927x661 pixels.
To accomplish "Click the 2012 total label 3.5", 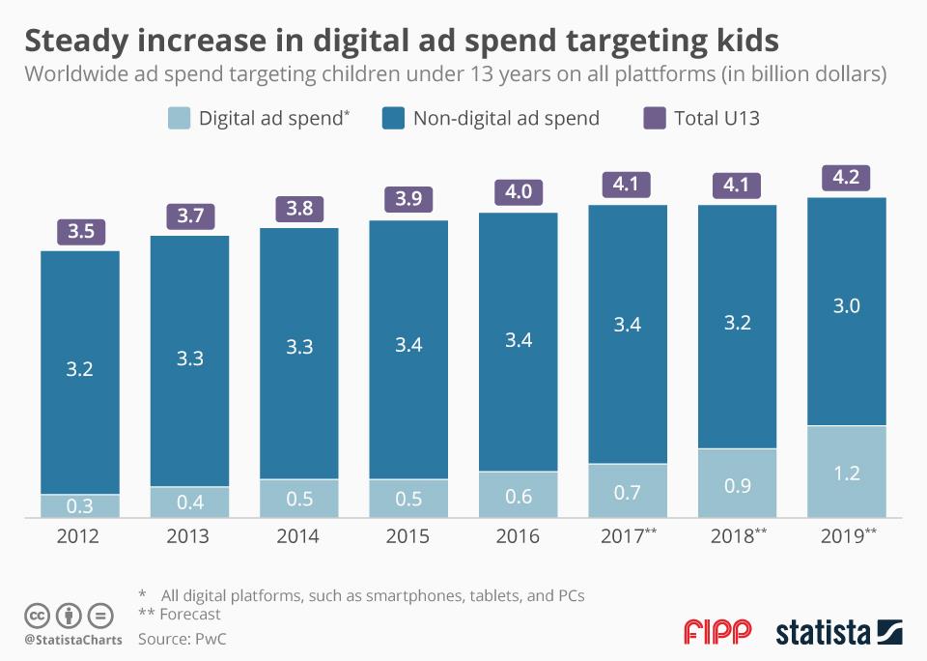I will [x=79, y=232].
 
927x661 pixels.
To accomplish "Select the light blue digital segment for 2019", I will [x=847, y=472].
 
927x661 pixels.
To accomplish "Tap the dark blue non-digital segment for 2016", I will [x=519, y=341].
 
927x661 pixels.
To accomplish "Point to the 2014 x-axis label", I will [x=298, y=536].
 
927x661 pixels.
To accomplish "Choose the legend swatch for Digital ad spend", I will [x=180, y=119].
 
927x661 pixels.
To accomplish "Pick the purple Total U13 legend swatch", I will [x=655, y=119].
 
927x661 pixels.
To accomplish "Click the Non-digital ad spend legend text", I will [x=506, y=119].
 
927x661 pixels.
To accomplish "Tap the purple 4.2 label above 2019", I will [x=847, y=178].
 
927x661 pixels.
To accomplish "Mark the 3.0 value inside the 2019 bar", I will [x=847, y=306].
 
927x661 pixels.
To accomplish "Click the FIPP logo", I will [x=716, y=633].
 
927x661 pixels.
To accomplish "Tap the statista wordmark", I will [x=821, y=633].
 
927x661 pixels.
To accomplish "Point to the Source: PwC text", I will [x=183, y=639].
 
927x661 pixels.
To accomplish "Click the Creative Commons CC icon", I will [x=37, y=615].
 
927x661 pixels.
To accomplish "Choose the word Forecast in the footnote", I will [x=191, y=614].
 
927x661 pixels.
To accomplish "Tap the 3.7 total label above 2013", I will [x=189, y=216].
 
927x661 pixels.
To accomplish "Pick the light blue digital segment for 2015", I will [x=408, y=499].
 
